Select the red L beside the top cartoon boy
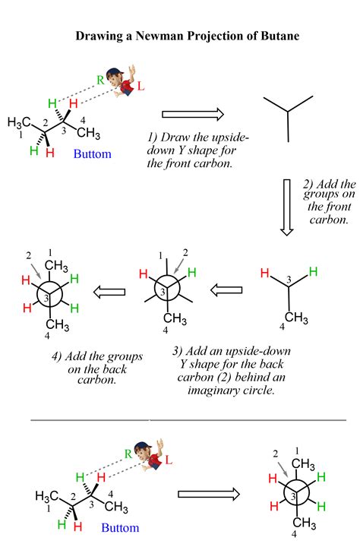(x=141, y=86)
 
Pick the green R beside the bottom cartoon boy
(x=128, y=454)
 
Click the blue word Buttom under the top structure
(x=93, y=153)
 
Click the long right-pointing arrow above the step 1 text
(x=193, y=114)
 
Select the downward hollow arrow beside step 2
(x=287, y=207)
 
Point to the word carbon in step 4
(x=96, y=380)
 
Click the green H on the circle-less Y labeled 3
(x=313, y=271)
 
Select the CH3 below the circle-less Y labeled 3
(x=296, y=318)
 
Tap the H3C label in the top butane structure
(x=19, y=122)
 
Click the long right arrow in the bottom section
(x=209, y=494)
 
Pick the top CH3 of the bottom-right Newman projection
(x=303, y=464)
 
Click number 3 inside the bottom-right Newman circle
(x=293, y=496)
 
